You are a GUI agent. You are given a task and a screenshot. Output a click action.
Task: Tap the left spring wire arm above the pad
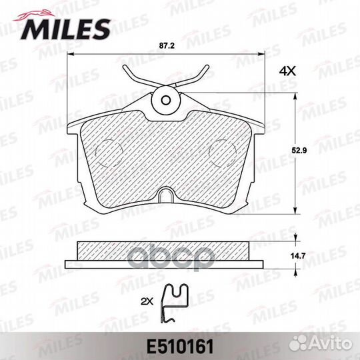pyautogui.click(x=137, y=79)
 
